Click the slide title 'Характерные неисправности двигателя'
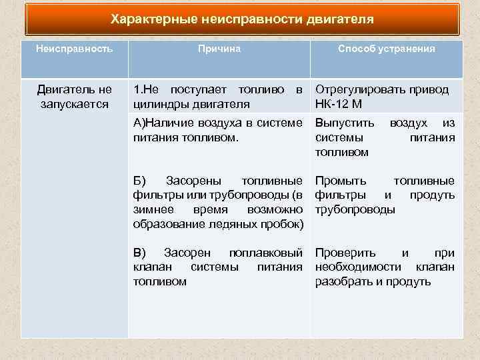pos(242,19)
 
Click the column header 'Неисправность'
pos(74,49)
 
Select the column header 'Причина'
pos(219,49)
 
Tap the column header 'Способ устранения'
pos(387,49)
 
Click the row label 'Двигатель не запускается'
pos(75,97)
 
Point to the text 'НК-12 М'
pos(339,103)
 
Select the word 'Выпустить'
pos(340,123)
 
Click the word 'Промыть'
pos(341,181)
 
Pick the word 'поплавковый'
pos(266,253)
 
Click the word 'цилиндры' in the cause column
pos(159,103)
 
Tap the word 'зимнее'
pos(151,209)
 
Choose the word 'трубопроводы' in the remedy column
pos(355,209)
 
